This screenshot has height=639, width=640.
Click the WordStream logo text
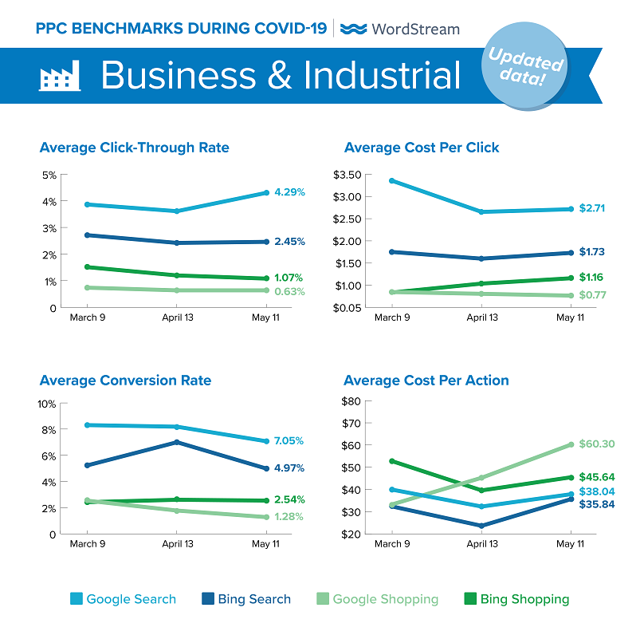tap(401, 29)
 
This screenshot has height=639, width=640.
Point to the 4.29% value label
tap(289, 192)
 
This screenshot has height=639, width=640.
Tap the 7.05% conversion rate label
tap(288, 440)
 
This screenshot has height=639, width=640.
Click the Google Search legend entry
tap(123, 599)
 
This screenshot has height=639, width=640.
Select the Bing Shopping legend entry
tap(516, 599)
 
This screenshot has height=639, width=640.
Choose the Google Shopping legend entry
tap(377, 599)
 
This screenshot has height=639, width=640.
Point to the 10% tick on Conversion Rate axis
tap(46, 404)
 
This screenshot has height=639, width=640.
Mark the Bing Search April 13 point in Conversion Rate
tap(177, 442)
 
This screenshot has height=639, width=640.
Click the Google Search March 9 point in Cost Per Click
tap(391, 180)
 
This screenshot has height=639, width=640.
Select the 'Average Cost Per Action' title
tap(426, 380)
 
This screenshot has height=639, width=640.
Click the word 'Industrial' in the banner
tap(382, 76)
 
